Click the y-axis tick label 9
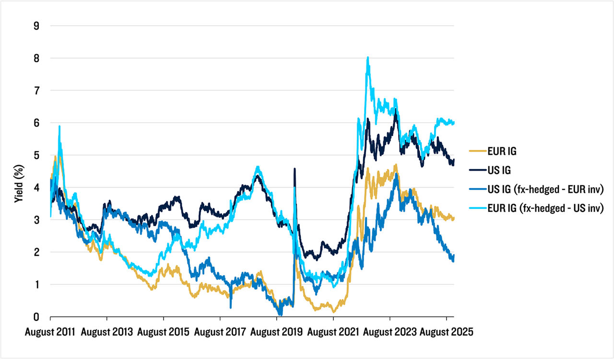(x=36, y=26)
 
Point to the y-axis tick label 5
(x=36, y=155)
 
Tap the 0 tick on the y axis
(x=36, y=317)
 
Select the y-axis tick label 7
(x=36, y=91)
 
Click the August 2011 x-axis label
(x=50, y=332)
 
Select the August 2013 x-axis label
(x=107, y=332)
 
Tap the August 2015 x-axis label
(x=164, y=332)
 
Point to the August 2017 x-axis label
(x=220, y=332)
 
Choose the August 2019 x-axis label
(x=277, y=332)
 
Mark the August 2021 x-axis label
(x=333, y=332)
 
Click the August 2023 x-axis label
(x=390, y=332)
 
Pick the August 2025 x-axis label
(x=446, y=332)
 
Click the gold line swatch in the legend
(x=476, y=151)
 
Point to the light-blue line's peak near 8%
(x=367, y=58)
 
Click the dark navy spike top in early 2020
(x=294, y=169)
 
